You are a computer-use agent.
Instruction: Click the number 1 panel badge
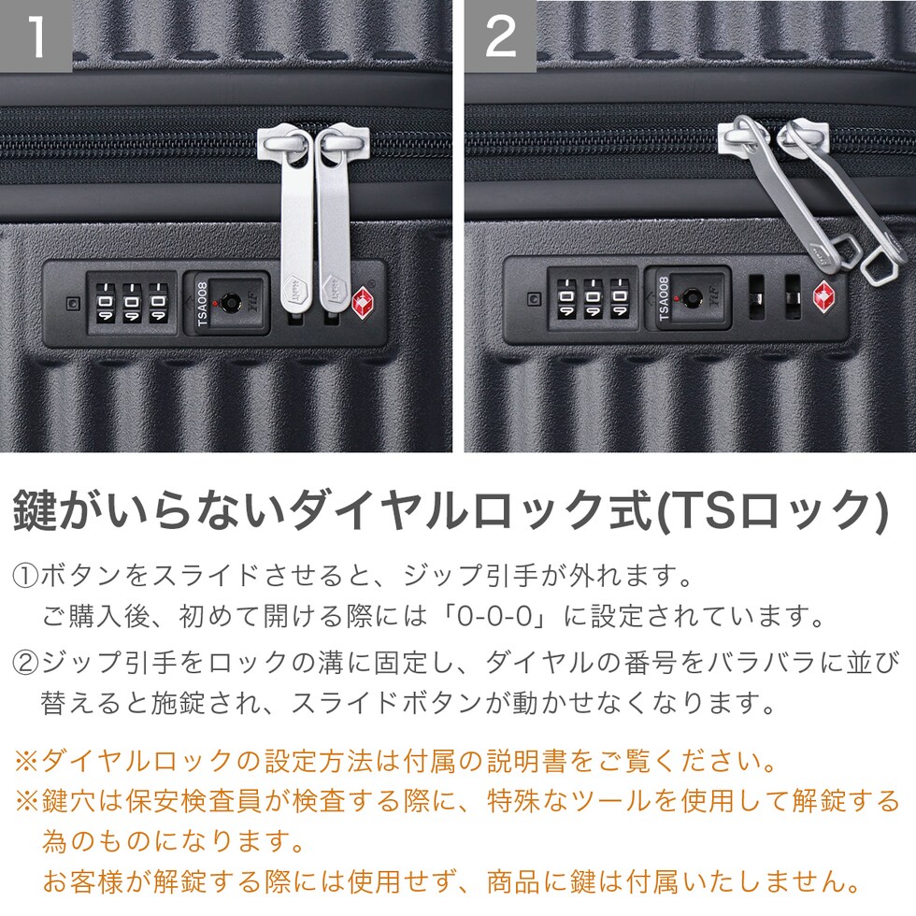click(x=36, y=36)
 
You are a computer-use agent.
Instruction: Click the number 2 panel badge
click(x=501, y=36)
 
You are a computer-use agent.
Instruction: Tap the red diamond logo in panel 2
click(x=824, y=295)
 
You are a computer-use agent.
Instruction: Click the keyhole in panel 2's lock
click(x=693, y=297)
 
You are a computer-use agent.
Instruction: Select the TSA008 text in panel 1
click(x=202, y=304)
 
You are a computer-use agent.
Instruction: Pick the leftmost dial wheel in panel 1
click(x=105, y=303)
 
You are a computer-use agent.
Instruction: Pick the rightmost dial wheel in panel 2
click(x=619, y=297)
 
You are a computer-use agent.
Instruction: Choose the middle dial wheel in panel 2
click(x=593, y=297)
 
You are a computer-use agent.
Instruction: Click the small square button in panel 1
click(x=73, y=304)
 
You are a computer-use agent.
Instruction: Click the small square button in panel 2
click(x=534, y=298)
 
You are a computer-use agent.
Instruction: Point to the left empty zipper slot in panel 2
click(x=756, y=297)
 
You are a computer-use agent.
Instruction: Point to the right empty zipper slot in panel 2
click(x=793, y=297)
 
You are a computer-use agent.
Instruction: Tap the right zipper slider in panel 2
click(x=802, y=138)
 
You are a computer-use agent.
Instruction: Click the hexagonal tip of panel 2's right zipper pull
click(x=881, y=265)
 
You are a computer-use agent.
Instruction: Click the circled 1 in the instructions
click(x=25, y=576)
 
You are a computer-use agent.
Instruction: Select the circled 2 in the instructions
click(x=25, y=663)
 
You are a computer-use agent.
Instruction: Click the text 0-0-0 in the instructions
click(x=495, y=617)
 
